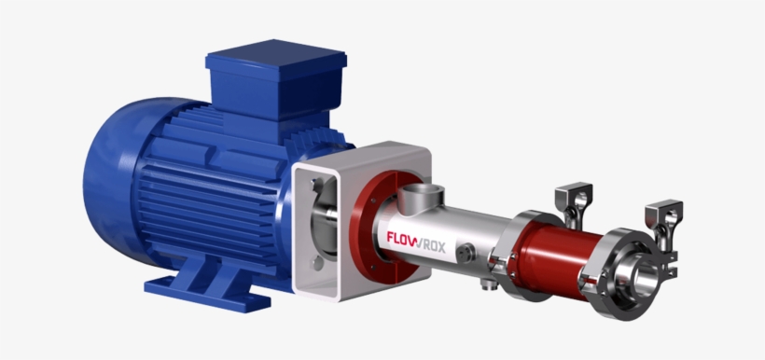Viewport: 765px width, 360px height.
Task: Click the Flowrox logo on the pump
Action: click(x=417, y=239)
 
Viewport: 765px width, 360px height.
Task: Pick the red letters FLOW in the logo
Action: click(x=403, y=238)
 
